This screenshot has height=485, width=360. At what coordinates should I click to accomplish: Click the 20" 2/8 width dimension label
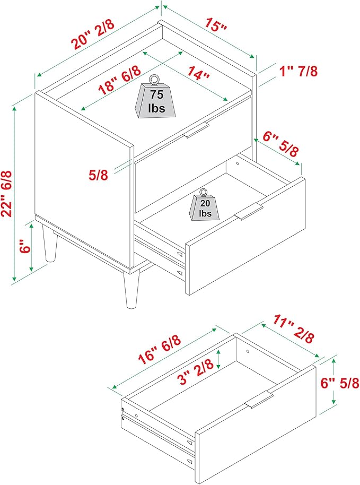pyautogui.click(x=93, y=34)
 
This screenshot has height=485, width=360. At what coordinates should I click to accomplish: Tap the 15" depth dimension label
pyautogui.click(x=216, y=24)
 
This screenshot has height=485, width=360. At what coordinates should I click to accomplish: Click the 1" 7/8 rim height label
pyautogui.click(x=298, y=71)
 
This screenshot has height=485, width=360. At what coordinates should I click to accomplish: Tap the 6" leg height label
pyautogui.click(x=25, y=246)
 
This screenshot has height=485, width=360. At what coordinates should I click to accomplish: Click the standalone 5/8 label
pyautogui.click(x=98, y=175)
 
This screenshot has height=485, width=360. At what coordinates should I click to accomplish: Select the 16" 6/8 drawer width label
pyautogui.click(x=160, y=350)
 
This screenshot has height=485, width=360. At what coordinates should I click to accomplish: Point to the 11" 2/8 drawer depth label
pyautogui.click(x=293, y=328)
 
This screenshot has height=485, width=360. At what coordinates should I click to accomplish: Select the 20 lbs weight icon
pyautogui.click(x=204, y=205)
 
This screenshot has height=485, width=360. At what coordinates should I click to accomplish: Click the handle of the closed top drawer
pyautogui.click(x=197, y=130)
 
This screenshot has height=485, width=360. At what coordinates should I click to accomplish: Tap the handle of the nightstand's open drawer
pyautogui.click(x=249, y=211)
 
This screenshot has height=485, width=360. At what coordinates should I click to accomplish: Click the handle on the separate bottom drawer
pyautogui.click(x=259, y=399)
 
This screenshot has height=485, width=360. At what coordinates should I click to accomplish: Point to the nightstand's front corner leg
pyautogui.click(x=131, y=289)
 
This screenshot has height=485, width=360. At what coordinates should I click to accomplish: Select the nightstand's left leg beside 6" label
pyautogui.click(x=50, y=244)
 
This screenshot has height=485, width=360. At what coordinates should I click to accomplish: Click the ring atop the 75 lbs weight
pyautogui.click(x=154, y=80)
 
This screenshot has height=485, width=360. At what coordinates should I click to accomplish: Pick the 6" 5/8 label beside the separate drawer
pyautogui.click(x=340, y=383)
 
